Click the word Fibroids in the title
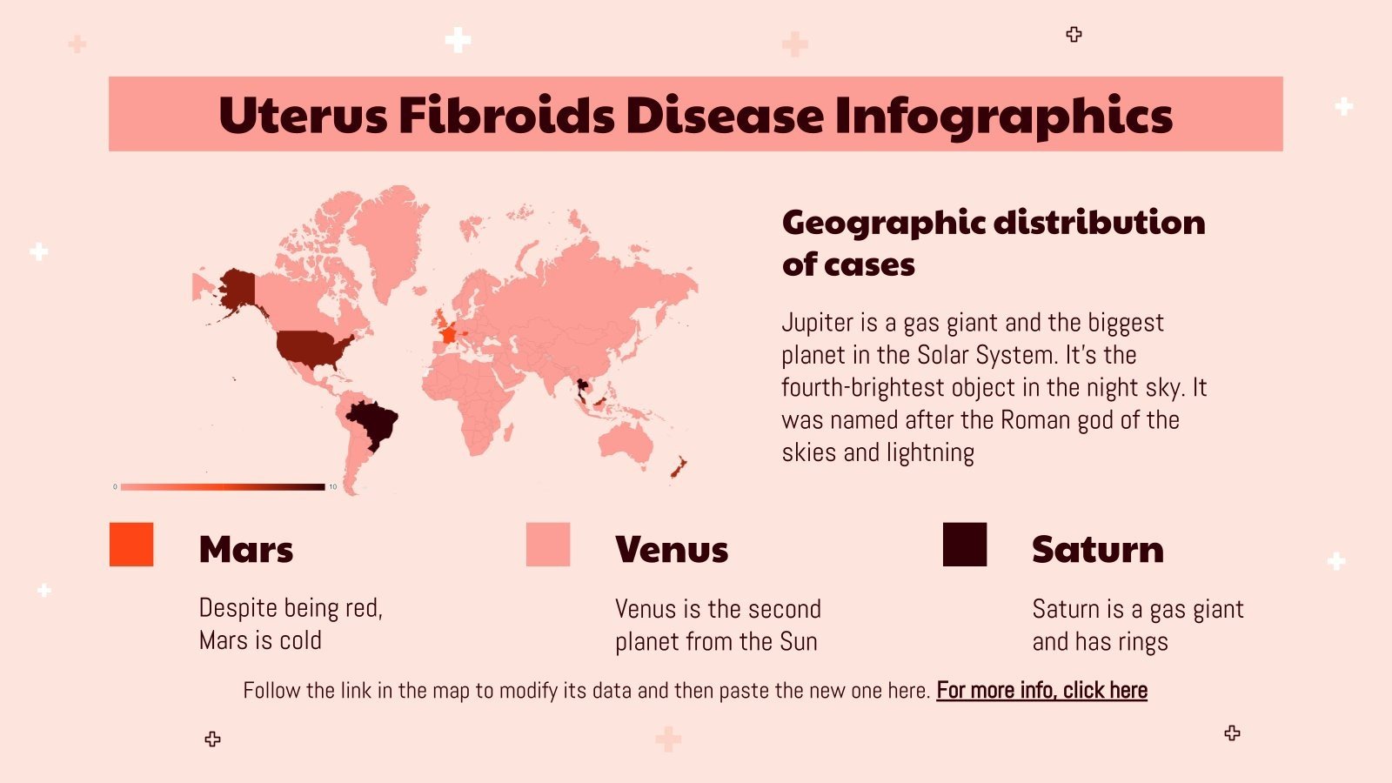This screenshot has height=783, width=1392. (x=506, y=115)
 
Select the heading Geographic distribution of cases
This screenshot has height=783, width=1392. (x=993, y=243)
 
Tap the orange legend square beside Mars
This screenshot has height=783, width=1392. (x=131, y=545)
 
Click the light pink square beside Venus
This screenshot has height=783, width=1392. (x=548, y=545)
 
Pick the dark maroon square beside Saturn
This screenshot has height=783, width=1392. (x=965, y=545)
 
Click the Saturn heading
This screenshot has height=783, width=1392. (x=1097, y=550)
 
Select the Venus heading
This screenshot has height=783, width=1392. (x=671, y=550)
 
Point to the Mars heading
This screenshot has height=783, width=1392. (x=246, y=550)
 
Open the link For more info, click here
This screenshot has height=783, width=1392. (x=1041, y=691)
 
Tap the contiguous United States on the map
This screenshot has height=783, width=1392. (x=311, y=347)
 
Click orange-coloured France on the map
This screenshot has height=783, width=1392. (x=449, y=334)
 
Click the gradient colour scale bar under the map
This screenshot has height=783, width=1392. (x=222, y=487)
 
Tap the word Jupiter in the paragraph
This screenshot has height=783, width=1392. (x=817, y=323)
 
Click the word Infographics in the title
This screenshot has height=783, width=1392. (x=1003, y=115)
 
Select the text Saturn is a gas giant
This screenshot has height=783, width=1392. (x=1137, y=609)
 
